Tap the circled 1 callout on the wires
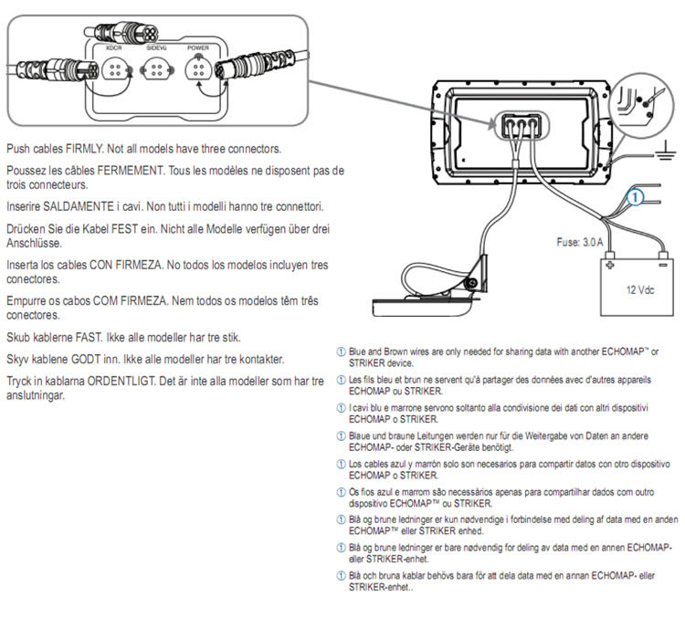(x=638, y=194)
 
